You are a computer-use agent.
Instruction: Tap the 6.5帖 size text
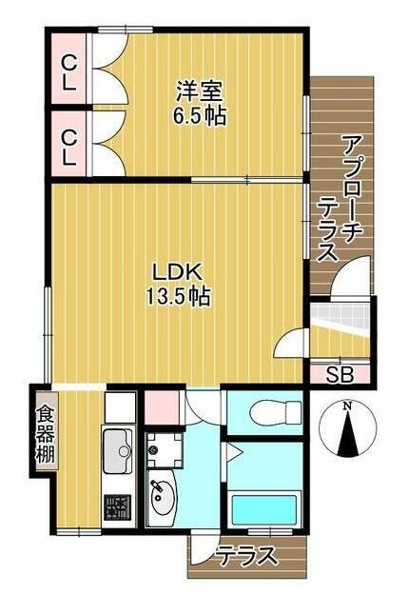200,119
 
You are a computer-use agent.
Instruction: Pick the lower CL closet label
68,145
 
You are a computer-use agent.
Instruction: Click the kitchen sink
118,449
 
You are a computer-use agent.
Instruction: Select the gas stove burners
118,506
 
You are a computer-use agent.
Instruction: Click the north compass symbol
347,430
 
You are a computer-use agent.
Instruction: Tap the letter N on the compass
347,406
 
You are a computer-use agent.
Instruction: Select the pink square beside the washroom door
161,408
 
